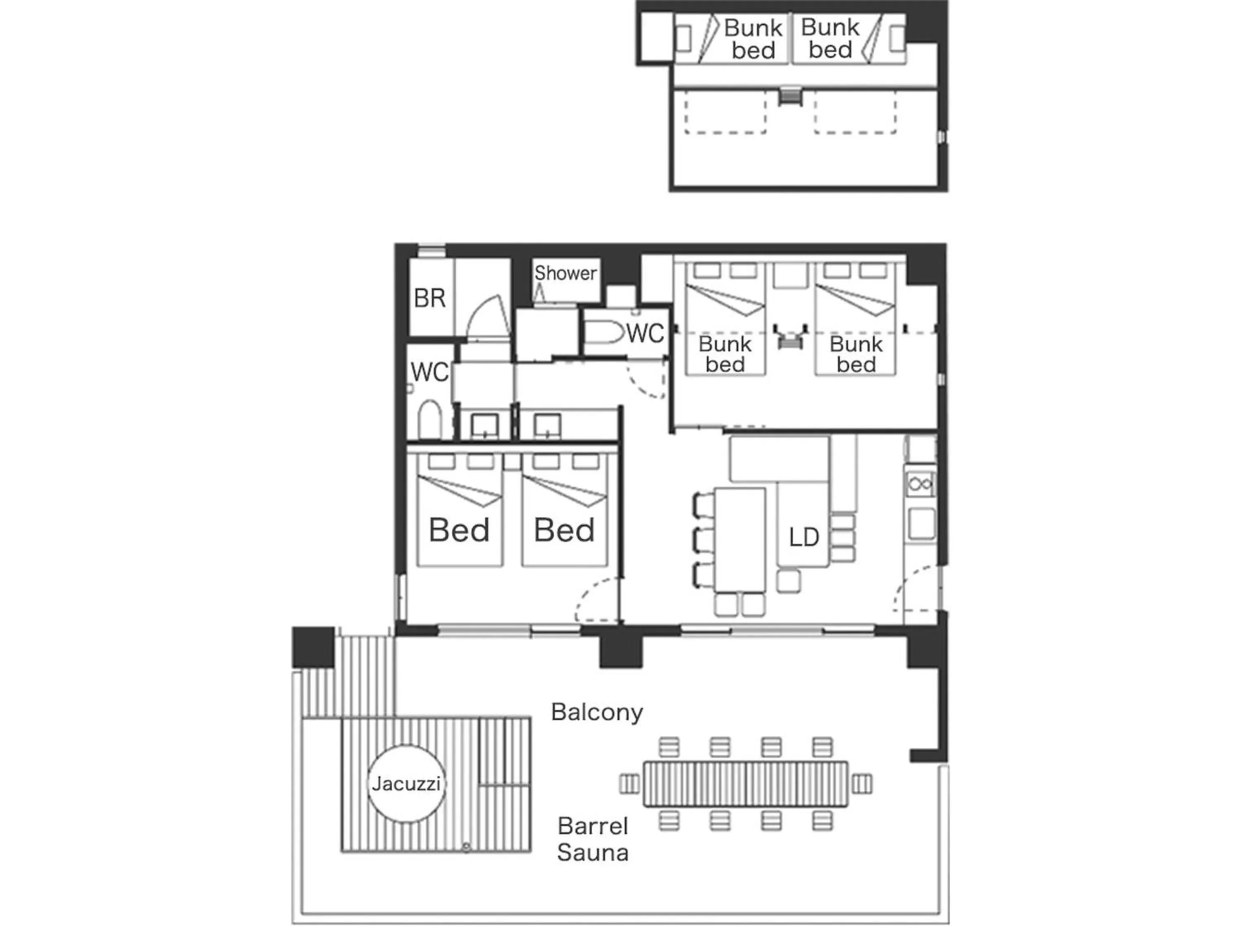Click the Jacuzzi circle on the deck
click(x=406, y=783)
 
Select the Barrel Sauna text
click(x=593, y=839)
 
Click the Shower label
click(x=565, y=273)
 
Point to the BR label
click(x=429, y=298)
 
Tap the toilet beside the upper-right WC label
click(x=603, y=332)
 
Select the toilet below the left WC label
click(x=430, y=420)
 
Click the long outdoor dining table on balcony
click(x=745, y=784)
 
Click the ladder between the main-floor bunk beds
click(x=790, y=336)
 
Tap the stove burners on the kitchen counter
click(x=920, y=483)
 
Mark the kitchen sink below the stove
click(x=921, y=523)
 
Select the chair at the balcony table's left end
click(x=629, y=784)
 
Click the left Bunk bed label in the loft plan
click(x=753, y=39)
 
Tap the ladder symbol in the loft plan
click(x=790, y=96)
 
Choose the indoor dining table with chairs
click(x=739, y=539)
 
